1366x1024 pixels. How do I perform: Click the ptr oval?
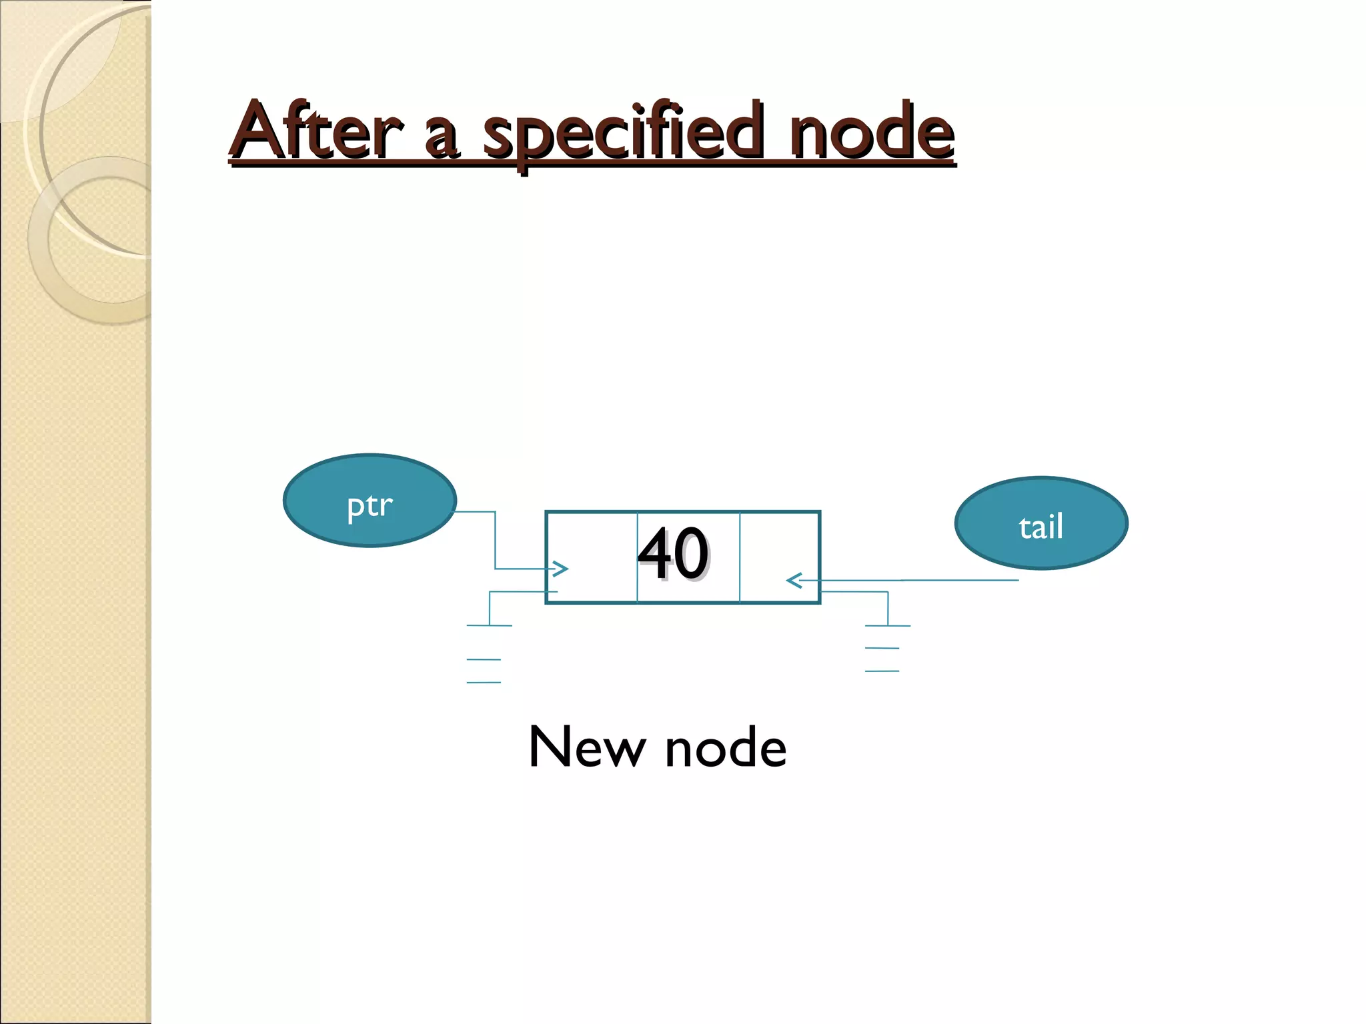[x=370, y=501]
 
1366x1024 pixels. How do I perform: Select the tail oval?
[x=1041, y=524]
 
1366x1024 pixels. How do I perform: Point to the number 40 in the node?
[x=673, y=554]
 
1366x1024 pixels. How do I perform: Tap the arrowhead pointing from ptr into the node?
[x=560, y=569]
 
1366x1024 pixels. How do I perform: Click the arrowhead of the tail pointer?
[x=794, y=581]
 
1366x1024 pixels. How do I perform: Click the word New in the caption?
[x=587, y=748]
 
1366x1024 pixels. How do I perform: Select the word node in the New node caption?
[x=726, y=748]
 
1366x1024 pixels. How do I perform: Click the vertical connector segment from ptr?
[x=495, y=540]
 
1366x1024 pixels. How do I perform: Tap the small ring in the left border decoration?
[x=100, y=240]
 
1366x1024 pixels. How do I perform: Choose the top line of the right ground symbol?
[x=887, y=626]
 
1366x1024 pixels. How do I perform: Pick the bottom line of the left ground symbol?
[x=484, y=683]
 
